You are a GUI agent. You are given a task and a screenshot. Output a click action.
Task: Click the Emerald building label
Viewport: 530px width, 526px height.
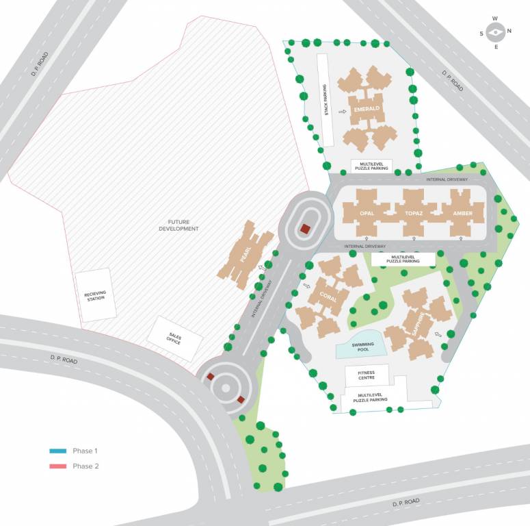(x=368, y=109)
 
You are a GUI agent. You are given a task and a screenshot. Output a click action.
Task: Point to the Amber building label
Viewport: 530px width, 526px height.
(x=462, y=214)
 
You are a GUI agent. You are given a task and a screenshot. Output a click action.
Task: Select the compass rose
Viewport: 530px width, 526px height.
(x=496, y=32)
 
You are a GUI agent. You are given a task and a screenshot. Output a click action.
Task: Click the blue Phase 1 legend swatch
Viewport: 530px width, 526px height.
(x=57, y=451)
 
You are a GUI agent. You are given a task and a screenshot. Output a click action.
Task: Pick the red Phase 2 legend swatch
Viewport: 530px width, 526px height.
(x=57, y=466)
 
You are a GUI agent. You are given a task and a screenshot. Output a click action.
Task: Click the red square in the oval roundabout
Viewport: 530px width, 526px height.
(x=304, y=229)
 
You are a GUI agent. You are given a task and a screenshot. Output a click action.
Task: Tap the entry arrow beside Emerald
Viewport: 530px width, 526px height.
(x=343, y=110)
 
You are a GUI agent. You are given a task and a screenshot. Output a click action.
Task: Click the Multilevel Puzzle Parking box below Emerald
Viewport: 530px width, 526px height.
(x=371, y=166)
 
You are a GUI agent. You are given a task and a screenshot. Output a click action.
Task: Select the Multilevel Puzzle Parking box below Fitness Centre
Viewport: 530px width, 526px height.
(x=371, y=397)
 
